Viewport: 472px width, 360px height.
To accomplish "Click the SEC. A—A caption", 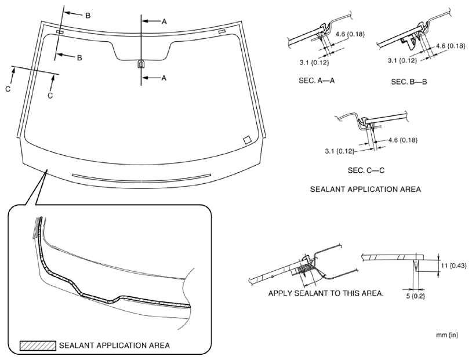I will pos(313,81).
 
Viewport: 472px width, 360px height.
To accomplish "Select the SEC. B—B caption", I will pos(409,82).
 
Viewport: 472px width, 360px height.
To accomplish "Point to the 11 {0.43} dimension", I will pos(453,265).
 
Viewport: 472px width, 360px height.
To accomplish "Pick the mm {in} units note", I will pos(447,335).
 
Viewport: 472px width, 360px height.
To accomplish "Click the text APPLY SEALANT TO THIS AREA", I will pos(326,293).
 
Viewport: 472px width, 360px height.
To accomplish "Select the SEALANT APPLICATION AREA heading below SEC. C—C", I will pos(365,189).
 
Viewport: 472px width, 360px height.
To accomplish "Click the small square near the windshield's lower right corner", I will pos(246,140).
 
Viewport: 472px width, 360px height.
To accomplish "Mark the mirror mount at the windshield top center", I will pos(141,64).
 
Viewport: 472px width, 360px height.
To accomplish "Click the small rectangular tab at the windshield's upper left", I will pos(60,32).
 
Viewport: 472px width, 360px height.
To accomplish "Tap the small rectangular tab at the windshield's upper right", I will pos(222,31).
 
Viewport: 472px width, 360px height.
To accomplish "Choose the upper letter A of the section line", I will pos(164,21).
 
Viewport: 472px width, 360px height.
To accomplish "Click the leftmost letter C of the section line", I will pos(8,90).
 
